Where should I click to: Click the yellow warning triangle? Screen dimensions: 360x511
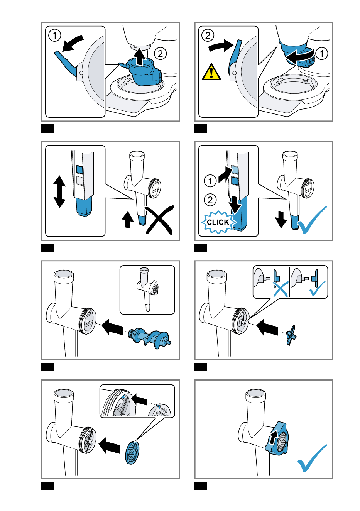click(x=211, y=73)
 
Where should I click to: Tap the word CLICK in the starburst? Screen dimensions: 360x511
click(x=218, y=222)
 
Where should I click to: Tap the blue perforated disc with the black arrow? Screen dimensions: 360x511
click(x=132, y=452)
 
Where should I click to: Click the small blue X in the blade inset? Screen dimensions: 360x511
click(x=281, y=289)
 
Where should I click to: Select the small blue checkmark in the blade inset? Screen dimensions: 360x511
click(x=318, y=289)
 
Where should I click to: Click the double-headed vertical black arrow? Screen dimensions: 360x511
click(x=59, y=191)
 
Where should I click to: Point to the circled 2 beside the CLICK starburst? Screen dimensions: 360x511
click(x=210, y=200)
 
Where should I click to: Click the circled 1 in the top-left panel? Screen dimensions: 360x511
click(x=55, y=36)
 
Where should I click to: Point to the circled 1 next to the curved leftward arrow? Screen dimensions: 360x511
click(x=322, y=54)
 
